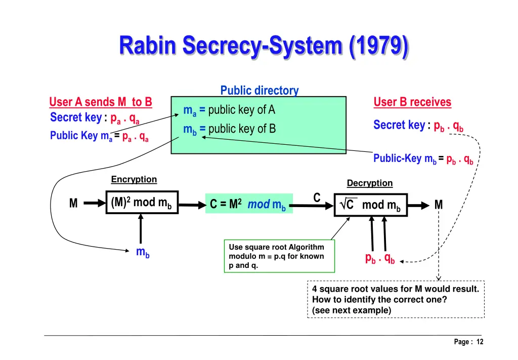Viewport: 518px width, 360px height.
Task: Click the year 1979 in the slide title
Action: click(x=379, y=46)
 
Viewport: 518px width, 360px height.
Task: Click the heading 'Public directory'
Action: click(x=259, y=91)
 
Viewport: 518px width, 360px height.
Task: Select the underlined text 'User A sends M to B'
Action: click(x=100, y=102)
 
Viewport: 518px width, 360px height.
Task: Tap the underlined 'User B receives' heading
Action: click(x=412, y=102)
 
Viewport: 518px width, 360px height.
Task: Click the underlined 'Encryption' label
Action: click(x=134, y=180)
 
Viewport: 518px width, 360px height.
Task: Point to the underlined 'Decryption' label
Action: click(x=369, y=183)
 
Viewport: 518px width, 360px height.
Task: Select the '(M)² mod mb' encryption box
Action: click(x=142, y=203)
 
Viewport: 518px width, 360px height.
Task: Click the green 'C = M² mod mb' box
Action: click(x=248, y=205)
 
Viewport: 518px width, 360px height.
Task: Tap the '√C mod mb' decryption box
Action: click(x=370, y=205)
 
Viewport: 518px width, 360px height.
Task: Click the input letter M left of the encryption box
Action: click(x=73, y=204)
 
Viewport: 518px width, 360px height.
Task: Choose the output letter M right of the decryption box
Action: click(x=438, y=205)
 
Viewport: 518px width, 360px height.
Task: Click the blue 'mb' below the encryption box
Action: click(x=143, y=252)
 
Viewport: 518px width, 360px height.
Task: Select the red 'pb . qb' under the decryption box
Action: click(x=379, y=258)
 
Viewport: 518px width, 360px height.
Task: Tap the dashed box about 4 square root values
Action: click(x=396, y=299)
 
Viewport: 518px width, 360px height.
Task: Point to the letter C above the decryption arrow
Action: click(x=317, y=197)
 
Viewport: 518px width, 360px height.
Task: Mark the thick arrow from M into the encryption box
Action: click(x=94, y=204)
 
